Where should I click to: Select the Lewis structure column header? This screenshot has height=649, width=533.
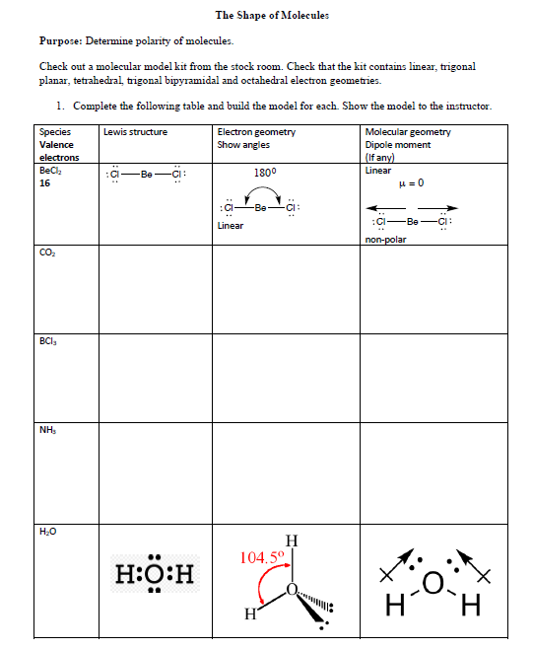click(135, 132)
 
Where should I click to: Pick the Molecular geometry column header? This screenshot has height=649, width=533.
click(408, 132)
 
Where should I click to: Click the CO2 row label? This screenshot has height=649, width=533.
click(47, 252)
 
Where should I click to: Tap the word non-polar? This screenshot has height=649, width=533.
click(385, 239)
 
